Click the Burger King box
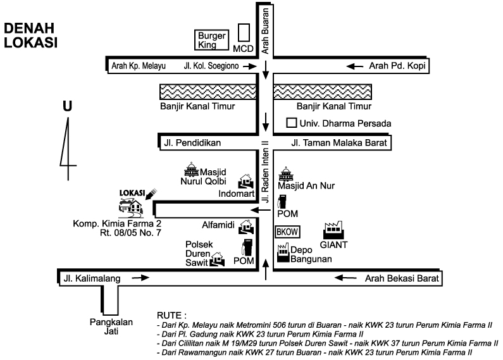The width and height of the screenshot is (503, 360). point(211,40)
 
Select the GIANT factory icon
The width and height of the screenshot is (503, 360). point(333,230)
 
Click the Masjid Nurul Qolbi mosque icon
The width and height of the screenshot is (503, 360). point(190,169)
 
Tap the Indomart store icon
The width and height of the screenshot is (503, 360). point(244,181)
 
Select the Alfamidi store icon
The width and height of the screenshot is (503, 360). point(247,226)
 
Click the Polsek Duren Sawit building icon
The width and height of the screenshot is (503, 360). point(218,259)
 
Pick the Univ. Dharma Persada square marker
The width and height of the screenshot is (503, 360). point(292,123)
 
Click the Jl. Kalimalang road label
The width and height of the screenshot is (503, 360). point(92,277)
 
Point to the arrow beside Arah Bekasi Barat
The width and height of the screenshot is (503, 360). point(342,277)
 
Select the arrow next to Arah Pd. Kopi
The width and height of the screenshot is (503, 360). point(356,66)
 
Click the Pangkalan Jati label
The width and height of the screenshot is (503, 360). point(111,325)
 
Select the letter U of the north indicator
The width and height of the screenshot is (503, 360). point(67,107)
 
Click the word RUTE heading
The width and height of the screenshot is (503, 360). point(171,314)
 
